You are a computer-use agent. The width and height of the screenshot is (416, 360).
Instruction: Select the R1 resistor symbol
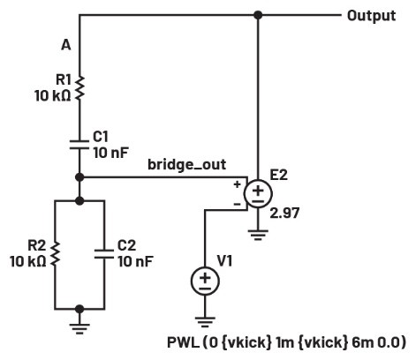coord(80,88)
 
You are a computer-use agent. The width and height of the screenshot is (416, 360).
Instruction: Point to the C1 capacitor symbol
coord(80,143)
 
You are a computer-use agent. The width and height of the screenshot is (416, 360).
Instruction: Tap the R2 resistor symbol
coord(55,254)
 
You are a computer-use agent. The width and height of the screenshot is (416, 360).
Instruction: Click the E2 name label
coord(279,175)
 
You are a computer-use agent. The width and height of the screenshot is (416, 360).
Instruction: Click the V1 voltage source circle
coord(205,281)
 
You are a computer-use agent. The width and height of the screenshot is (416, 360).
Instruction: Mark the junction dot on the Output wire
coord(258,15)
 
